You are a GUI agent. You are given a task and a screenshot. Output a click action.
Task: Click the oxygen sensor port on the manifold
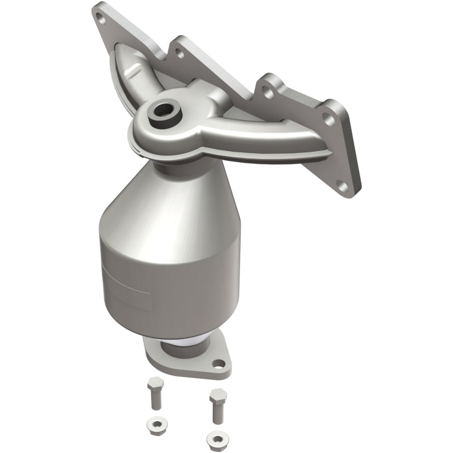pyautogui.click(x=164, y=110)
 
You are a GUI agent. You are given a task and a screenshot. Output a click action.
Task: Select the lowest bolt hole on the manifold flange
pyautogui.click(x=341, y=183)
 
